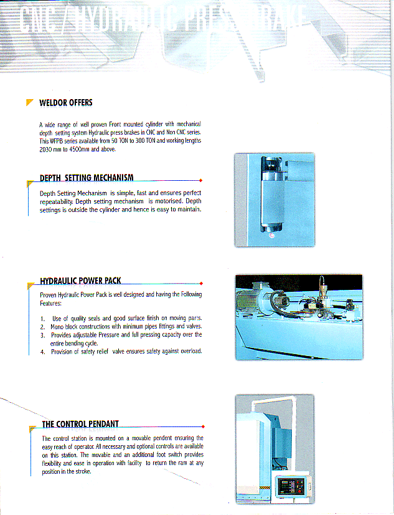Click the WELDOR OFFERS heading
tap(65, 103)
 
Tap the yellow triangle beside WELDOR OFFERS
tap(29, 102)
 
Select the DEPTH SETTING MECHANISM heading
tap(87, 179)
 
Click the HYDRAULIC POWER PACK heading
tap(80, 281)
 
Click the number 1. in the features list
tap(42, 318)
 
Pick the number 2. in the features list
tap(42, 327)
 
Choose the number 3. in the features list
tap(42, 335)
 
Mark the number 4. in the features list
tap(42, 352)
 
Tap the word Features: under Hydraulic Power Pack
tap(51, 303)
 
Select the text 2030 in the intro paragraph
tap(46, 150)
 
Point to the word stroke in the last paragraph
tap(82, 471)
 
